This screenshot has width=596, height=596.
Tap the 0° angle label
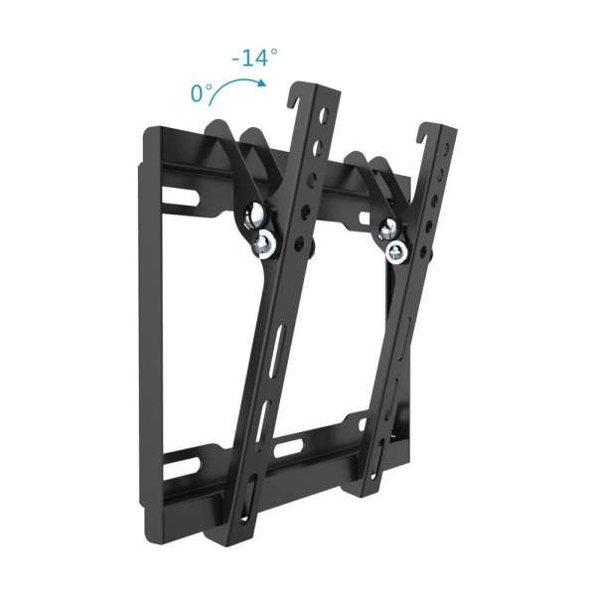point(203,94)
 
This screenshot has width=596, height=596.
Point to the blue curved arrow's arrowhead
point(262,83)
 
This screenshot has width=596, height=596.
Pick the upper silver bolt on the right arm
point(385,227)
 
